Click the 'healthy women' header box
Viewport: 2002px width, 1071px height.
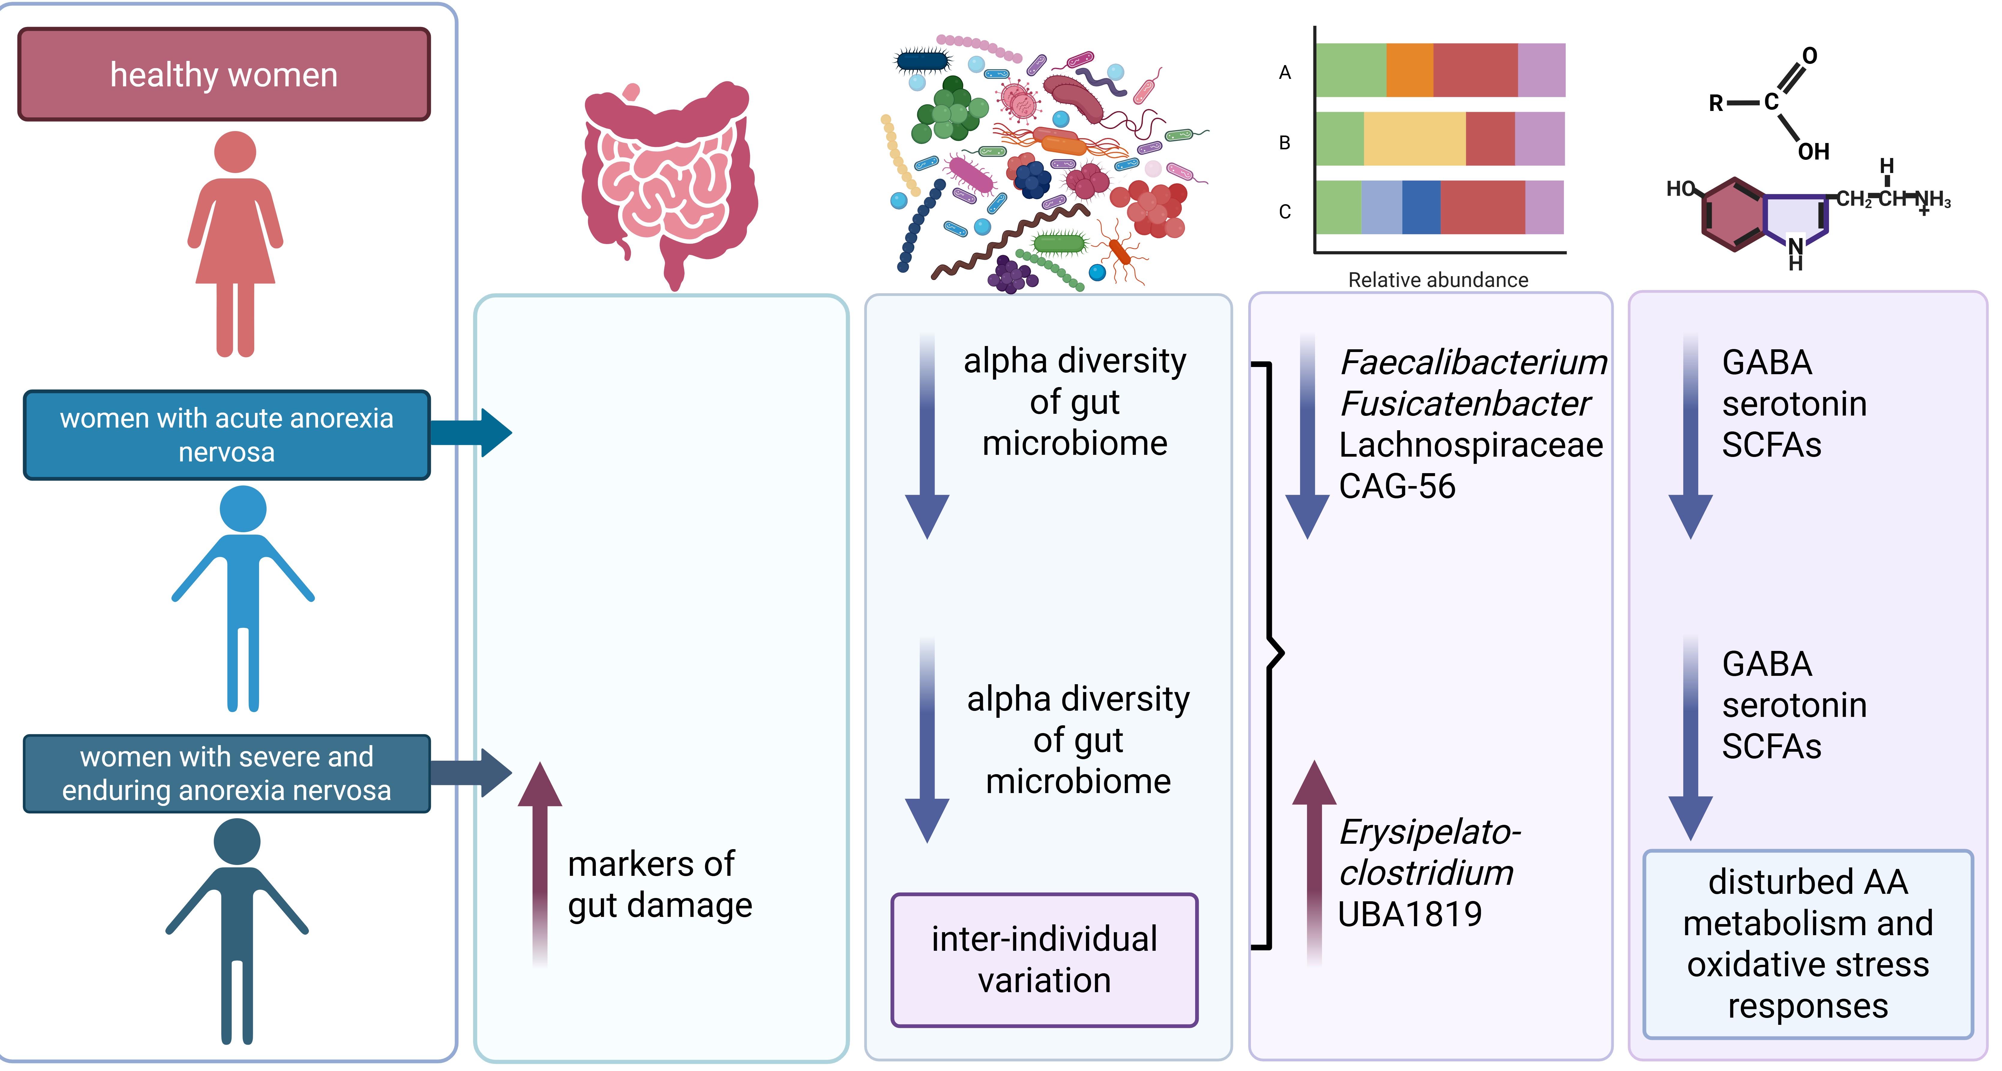(224, 75)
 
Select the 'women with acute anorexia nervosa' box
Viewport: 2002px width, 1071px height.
(227, 435)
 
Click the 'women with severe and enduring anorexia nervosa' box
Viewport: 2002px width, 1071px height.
(227, 773)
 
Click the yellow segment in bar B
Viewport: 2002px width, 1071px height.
(1414, 138)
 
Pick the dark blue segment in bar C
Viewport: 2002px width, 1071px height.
(1421, 207)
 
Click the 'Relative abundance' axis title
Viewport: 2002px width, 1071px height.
(1438, 280)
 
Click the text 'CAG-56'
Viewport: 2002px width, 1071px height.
(1397, 487)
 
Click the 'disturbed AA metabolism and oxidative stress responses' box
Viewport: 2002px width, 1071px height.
(1808, 944)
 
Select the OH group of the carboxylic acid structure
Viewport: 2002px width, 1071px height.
(1813, 151)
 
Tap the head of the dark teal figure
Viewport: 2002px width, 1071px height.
(237, 842)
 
